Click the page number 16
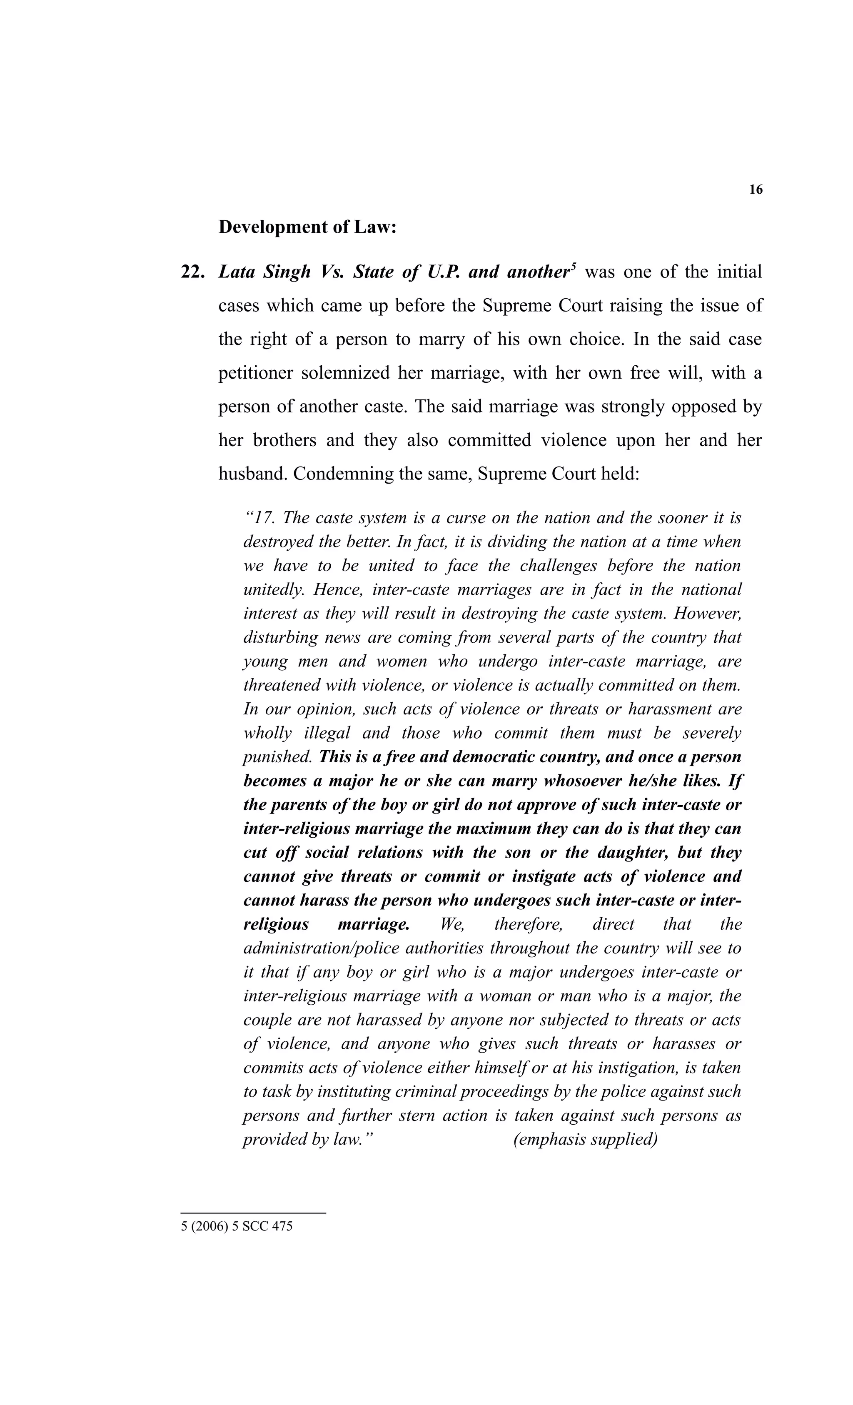click(755, 190)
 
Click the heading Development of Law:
click(307, 227)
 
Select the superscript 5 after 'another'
click(574, 266)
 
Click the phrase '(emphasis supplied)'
click(585, 1139)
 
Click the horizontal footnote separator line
click(253, 1213)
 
